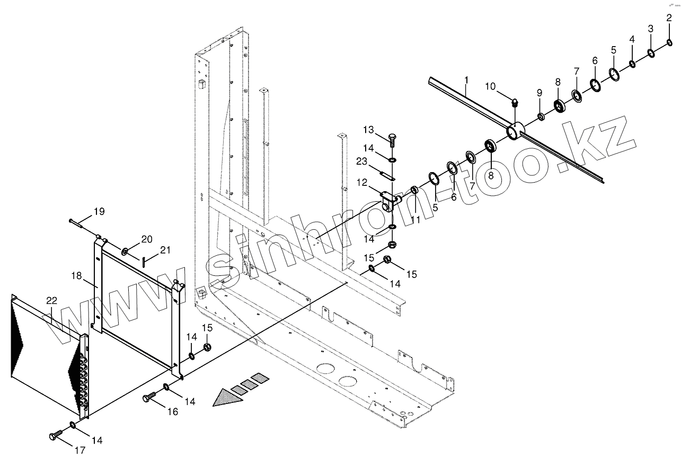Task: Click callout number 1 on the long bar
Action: pos(466,81)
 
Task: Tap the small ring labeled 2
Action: pos(669,42)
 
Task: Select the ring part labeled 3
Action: pos(651,53)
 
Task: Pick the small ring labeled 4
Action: pos(632,64)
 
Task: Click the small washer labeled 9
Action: pos(541,116)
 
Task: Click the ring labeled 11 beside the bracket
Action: pos(414,190)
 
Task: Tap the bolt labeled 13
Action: pos(392,140)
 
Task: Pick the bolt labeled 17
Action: pos(55,436)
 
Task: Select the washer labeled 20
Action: pos(125,250)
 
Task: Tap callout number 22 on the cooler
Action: pos(51,300)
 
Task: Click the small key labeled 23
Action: pos(388,175)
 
